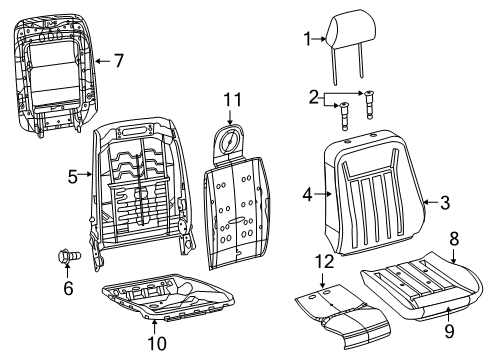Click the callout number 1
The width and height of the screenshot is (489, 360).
click(308, 38)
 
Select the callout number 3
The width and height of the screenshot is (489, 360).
click(445, 203)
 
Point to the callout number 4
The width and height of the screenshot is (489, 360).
click(308, 194)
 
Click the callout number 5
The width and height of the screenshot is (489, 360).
click(72, 177)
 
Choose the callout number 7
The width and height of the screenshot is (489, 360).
click(118, 61)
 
